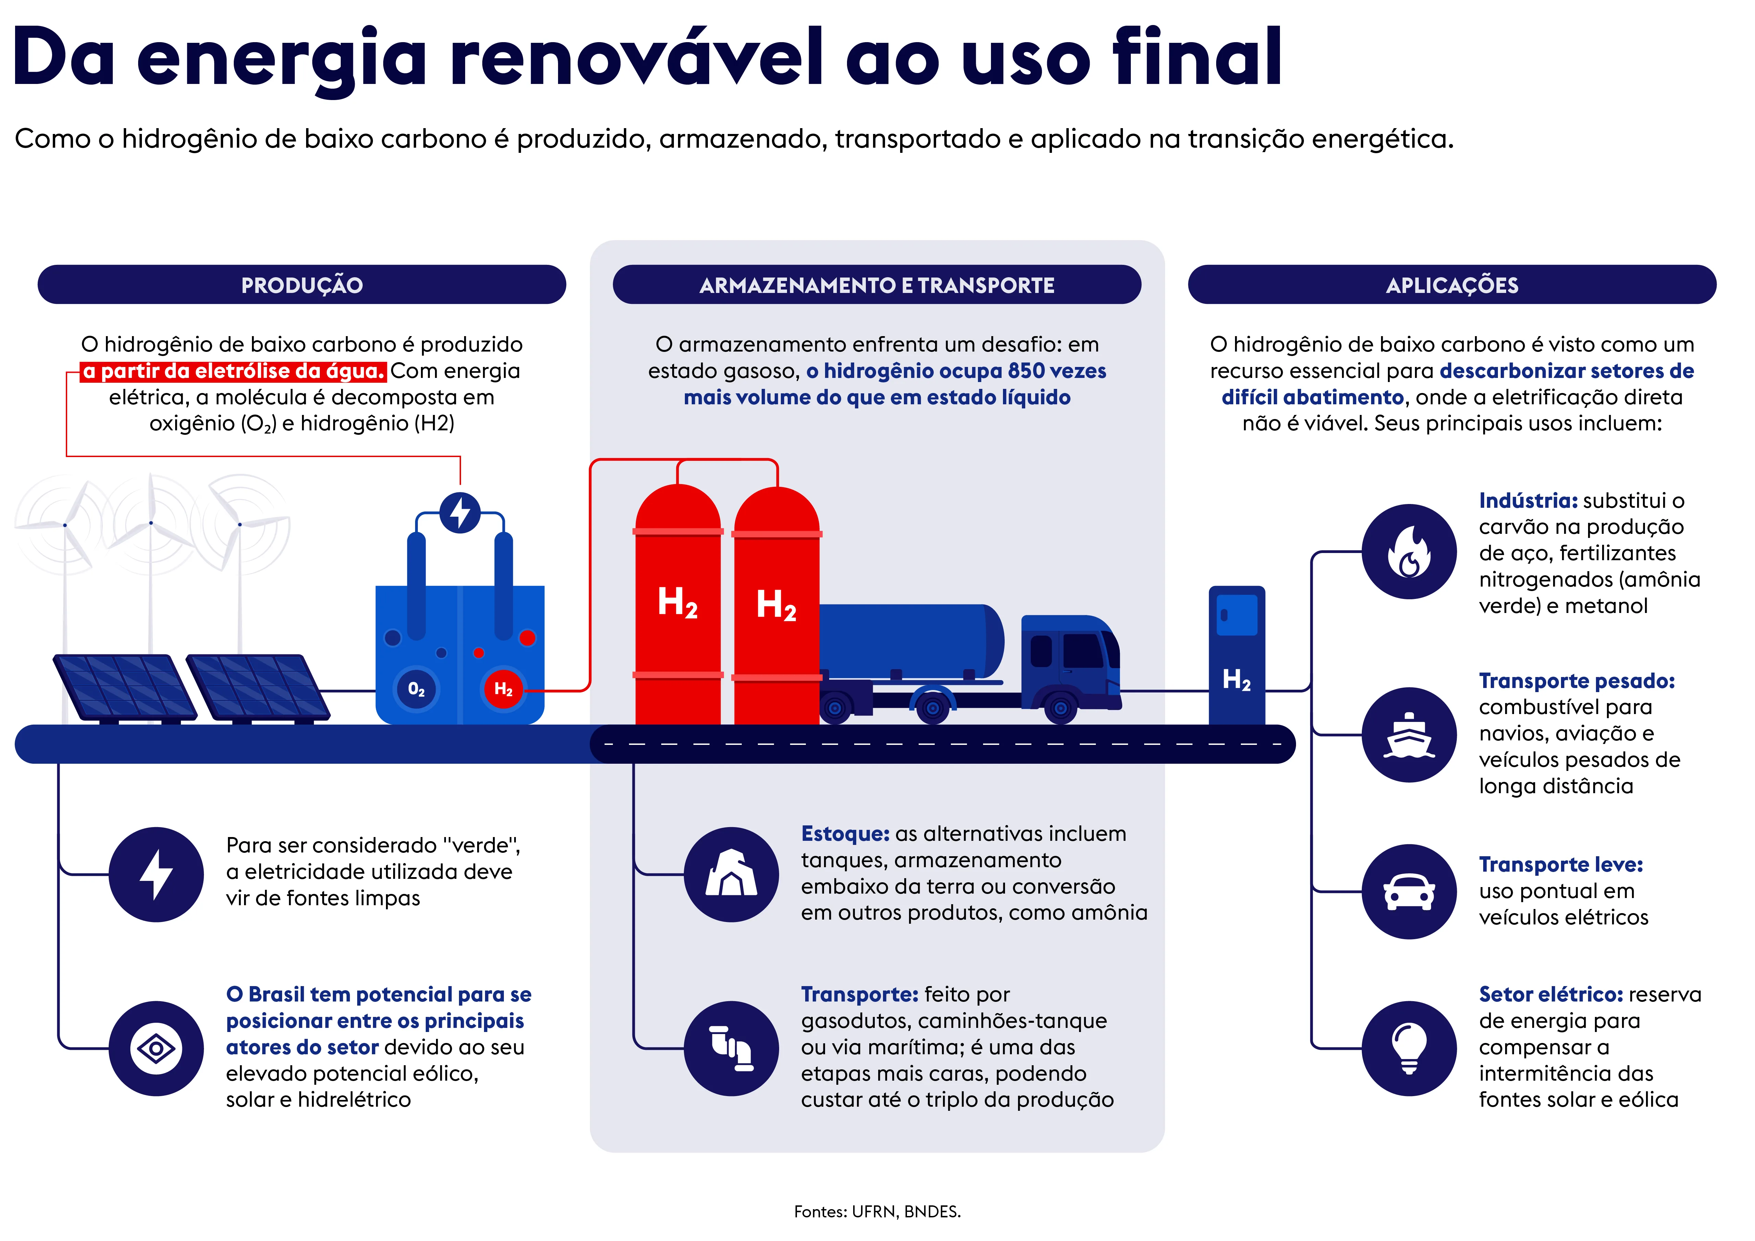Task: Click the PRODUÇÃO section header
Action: (302, 285)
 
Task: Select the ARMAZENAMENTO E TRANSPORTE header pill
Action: (877, 285)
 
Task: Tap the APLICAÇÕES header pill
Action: (1452, 285)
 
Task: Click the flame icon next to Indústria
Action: (1409, 552)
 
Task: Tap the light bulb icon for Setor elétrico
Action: (1409, 1048)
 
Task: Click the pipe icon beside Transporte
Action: (731, 1048)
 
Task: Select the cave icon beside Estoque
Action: (731, 874)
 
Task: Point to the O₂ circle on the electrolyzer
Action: (416, 689)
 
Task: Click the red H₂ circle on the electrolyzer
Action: (503, 689)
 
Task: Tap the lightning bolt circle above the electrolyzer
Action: (460, 513)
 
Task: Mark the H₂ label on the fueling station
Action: (1237, 679)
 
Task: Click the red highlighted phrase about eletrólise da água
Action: (233, 371)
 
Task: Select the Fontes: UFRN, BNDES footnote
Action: (877, 1212)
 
